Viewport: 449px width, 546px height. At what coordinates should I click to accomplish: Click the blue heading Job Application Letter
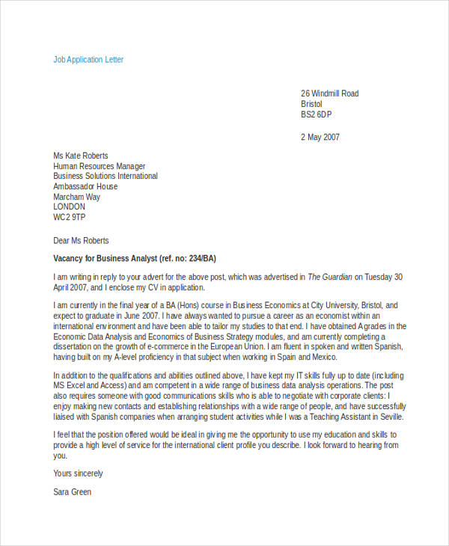pos(88,59)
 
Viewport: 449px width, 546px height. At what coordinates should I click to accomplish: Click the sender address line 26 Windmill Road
pos(329,93)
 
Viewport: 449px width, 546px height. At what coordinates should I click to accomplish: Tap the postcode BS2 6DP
pos(316,114)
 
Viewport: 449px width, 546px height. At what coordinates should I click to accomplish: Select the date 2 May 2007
pos(320,137)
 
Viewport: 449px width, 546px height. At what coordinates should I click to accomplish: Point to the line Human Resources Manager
pos(99,166)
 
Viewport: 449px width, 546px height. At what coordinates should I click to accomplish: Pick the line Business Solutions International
pos(105,177)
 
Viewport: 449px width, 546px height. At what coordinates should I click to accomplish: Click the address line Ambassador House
pos(85,186)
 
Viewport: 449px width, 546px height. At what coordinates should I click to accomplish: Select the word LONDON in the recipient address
pos(70,207)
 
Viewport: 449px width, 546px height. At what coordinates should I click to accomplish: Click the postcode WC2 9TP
pos(70,218)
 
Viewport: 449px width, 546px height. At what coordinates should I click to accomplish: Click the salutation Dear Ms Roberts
pos(81,241)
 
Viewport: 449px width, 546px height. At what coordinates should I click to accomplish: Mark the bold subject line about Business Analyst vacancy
pos(135,258)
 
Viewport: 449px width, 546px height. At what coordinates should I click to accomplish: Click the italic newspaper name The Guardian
pos(329,277)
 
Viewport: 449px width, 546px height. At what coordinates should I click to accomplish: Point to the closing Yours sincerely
pos(78,473)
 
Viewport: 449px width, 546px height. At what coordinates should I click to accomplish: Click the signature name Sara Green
pos(72,492)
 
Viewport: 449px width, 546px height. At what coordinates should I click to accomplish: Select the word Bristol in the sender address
pos(312,104)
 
